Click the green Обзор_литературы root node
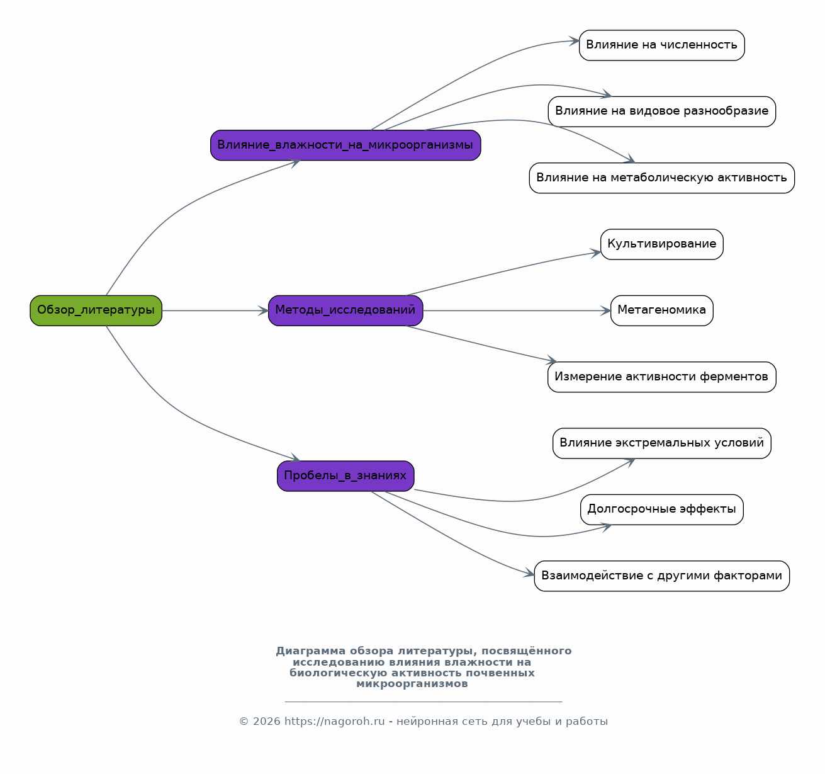[x=96, y=310]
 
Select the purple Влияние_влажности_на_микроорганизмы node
[x=345, y=145]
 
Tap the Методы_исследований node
[x=345, y=310]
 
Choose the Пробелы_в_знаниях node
[x=345, y=476]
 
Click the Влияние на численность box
[x=662, y=45]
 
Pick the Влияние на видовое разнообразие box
[x=662, y=111]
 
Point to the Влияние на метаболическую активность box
[x=662, y=178]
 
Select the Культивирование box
[x=662, y=244]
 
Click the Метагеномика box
[x=662, y=310]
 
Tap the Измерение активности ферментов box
[x=662, y=377]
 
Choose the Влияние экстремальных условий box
[x=662, y=443]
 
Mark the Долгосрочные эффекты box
[x=662, y=509]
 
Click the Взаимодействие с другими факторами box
[x=662, y=576]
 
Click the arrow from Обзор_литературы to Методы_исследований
[x=215, y=310]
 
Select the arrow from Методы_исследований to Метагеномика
[x=517, y=310]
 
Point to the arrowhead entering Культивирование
[x=596, y=253]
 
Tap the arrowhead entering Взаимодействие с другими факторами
[x=529, y=573]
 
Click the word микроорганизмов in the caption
[x=412, y=684]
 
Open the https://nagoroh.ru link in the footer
[x=334, y=721]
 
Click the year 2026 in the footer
[x=266, y=721]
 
